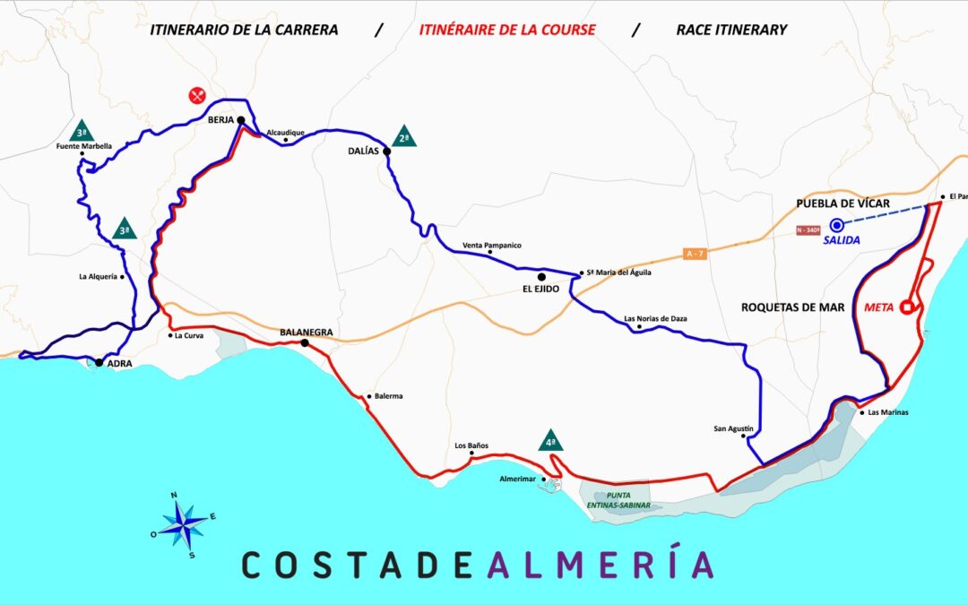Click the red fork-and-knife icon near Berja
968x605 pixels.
pyautogui.click(x=197, y=95)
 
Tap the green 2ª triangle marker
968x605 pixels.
pyautogui.click(x=404, y=136)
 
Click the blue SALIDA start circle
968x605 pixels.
pyautogui.click(x=837, y=225)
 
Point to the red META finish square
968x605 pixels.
pyautogui.click(x=907, y=307)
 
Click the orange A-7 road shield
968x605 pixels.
pyautogui.click(x=694, y=254)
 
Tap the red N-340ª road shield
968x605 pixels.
pyautogui.click(x=808, y=230)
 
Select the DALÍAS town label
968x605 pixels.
pyautogui.click(x=364, y=151)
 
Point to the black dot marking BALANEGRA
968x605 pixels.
pyautogui.click(x=305, y=343)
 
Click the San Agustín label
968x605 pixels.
pyautogui.click(x=733, y=428)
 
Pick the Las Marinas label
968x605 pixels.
pyautogui.click(x=888, y=413)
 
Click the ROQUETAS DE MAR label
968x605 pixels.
pyautogui.click(x=793, y=307)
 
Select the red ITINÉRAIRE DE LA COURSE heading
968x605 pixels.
pyautogui.click(x=507, y=30)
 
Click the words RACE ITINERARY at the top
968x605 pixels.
pyautogui.click(x=732, y=30)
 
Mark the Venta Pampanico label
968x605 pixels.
pyautogui.click(x=491, y=246)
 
